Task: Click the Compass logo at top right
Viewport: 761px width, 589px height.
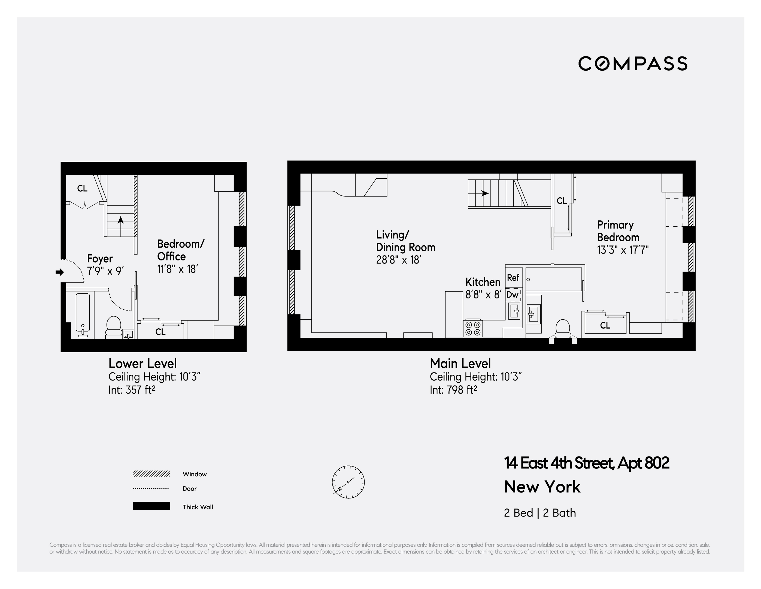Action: [x=632, y=64]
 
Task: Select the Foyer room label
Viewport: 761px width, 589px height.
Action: [x=100, y=259]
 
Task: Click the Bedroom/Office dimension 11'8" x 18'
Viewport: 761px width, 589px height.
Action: [x=177, y=269]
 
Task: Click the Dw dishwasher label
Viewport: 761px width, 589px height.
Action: [x=512, y=295]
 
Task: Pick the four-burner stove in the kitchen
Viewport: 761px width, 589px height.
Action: [x=473, y=328]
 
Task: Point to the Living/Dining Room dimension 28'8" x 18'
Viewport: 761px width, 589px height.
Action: [x=399, y=260]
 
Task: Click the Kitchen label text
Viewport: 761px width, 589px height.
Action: [x=483, y=282]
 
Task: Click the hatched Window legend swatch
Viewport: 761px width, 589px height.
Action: [x=151, y=474]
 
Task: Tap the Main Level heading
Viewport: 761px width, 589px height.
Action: [x=460, y=364]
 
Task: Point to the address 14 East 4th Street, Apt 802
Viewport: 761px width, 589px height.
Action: [x=586, y=463]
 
